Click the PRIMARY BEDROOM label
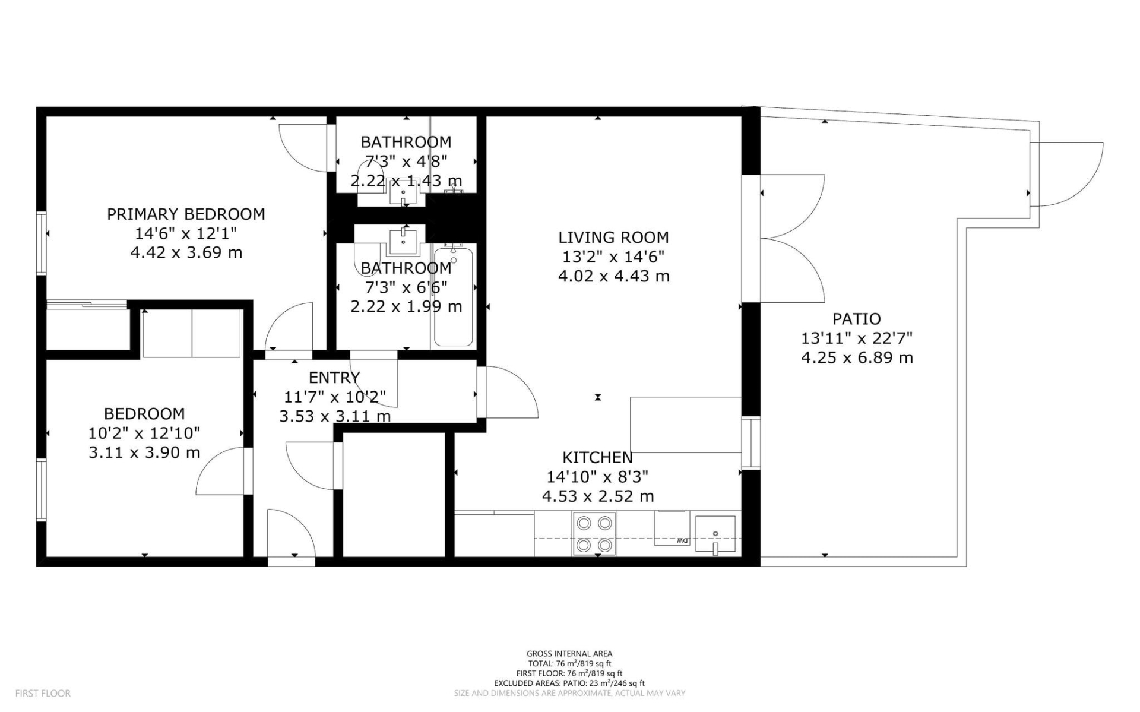click(186, 214)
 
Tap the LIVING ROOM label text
click(613, 238)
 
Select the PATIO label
click(856, 319)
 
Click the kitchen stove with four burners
click(594, 533)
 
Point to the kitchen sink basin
click(715, 534)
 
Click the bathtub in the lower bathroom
click(454, 297)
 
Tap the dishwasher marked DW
click(672, 529)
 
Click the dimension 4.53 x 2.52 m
click(597, 496)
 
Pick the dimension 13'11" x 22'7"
click(856, 338)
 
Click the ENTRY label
click(334, 378)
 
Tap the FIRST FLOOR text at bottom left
click(43, 693)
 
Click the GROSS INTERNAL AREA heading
click(569, 654)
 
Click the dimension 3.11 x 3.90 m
click(144, 452)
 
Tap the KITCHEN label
click(597, 458)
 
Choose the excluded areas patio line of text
click(569, 683)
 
